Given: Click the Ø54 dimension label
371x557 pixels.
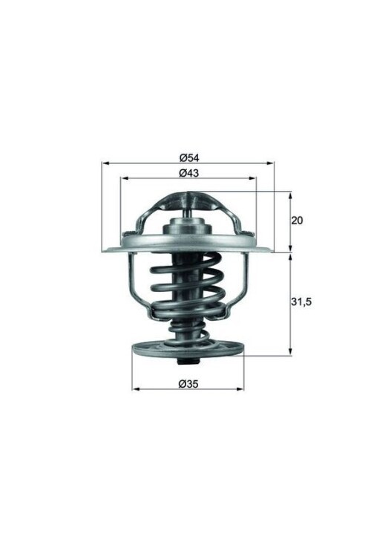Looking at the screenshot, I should click(x=188, y=157).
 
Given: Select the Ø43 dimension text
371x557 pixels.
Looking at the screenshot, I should click(x=188, y=172).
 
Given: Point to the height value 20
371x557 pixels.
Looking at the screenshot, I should click(x=298, y=221).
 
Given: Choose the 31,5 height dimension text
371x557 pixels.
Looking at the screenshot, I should click(x=299, y=302).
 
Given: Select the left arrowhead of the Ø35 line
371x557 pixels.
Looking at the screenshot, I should click(x=134, y=389).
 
